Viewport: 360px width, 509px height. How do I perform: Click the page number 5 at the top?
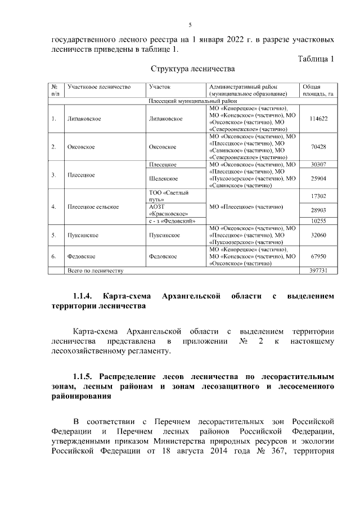[x=190, y=25]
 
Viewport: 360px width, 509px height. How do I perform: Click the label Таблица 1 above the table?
[x=316, y=59]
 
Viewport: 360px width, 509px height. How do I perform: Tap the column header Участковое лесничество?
[x=99, y=87]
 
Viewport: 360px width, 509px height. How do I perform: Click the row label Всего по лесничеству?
[x=95, y=271]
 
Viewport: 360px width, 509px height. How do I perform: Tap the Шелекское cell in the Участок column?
[x=163, y=178]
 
